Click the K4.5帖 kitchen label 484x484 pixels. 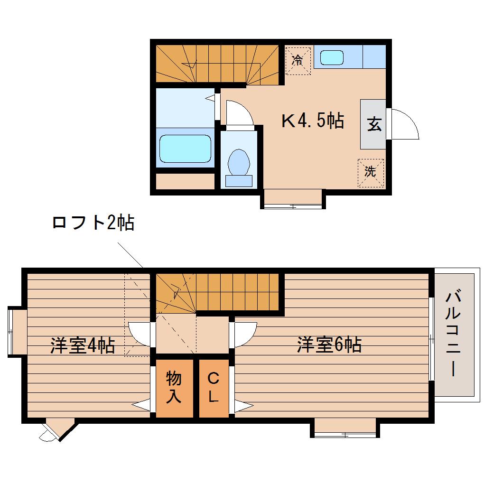[x=313, y=121]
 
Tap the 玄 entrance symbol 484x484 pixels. [x=374, y=124]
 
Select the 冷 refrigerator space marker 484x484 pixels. [x=298, y=60]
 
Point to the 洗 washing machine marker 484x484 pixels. [x=371, y=172]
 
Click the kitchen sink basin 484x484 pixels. [x=332, y=58]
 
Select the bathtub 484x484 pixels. [x=185, y=149]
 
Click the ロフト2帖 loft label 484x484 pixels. [x=93, y=223]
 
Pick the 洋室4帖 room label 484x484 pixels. [x=83, y=345]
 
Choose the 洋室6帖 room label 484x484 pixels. [x=329, y=345]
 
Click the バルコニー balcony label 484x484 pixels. [x=453, y=334]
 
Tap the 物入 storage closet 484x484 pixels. [x=175, y=388]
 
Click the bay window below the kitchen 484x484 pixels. [x=293, y=199]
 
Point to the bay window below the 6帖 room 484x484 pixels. [x=345, y=428]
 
